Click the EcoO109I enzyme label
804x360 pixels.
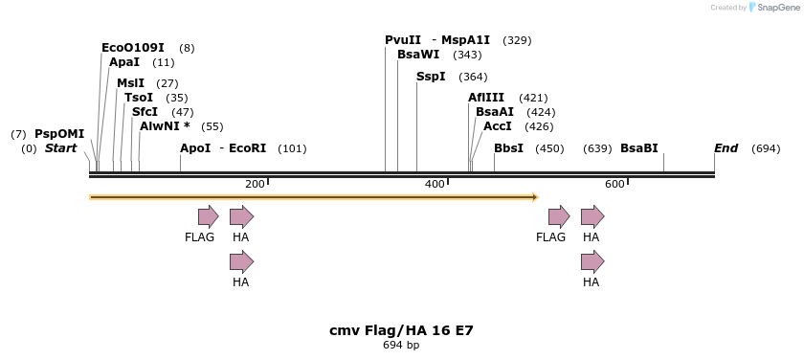tap(132, 48)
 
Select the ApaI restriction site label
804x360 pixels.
tap(124, 62)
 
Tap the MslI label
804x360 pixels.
tap(130, 83)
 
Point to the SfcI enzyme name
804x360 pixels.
tap(144, 112)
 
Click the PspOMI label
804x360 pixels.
tap(59, 134)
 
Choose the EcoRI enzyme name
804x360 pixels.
tap(247, 148)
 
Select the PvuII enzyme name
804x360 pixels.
tap(404, 40)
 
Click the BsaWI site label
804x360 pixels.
tap(418, 55)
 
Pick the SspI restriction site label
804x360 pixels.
tap(431, 77)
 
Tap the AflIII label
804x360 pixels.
tap(486, 98)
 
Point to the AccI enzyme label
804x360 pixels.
tap(498, 126)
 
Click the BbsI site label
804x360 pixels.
tap(508, 148)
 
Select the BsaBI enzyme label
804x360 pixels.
tap(639, 148)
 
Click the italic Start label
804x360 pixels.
tap(60, 148)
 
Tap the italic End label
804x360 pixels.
tap(726, 148)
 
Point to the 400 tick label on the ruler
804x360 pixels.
tap(435, 184)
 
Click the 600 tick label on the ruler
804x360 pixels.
tap(614, 184)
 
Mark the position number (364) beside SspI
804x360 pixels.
tap(473, 77)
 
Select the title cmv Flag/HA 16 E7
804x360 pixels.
tap(401, 330)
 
